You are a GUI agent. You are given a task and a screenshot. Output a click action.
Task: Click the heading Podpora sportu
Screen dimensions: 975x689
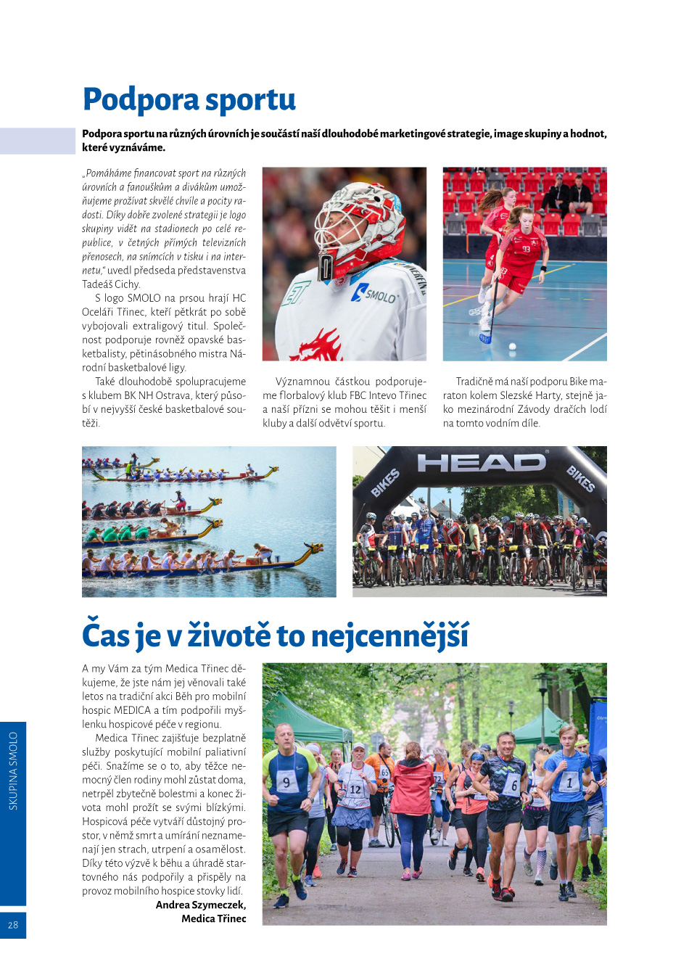tap(189, 100)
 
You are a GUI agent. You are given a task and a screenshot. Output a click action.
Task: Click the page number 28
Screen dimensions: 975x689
tap(13, 925)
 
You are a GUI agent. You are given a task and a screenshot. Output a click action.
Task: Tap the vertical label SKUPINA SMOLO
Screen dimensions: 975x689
tap(13, 770)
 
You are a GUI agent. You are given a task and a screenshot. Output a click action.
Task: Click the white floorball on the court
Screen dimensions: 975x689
tap(513, 347)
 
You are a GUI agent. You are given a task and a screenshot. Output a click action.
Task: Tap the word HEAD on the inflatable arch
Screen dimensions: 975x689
tap(481, 463)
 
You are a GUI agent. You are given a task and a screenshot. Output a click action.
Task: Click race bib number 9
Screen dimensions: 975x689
tap(287, 782)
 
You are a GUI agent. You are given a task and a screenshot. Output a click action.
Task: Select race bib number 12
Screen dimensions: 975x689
tap(355, 789)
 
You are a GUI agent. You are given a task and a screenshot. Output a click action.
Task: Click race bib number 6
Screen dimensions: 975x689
tap(513, 785)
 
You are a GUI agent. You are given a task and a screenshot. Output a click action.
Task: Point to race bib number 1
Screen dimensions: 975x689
tap(569, 783)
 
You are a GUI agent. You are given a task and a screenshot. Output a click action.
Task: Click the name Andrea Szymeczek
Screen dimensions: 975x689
tap(201, 905)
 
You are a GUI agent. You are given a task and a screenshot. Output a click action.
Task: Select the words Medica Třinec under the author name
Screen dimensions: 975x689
tap(213, 918)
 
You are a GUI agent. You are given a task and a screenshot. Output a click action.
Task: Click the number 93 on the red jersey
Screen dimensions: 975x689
tap(526, 249)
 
